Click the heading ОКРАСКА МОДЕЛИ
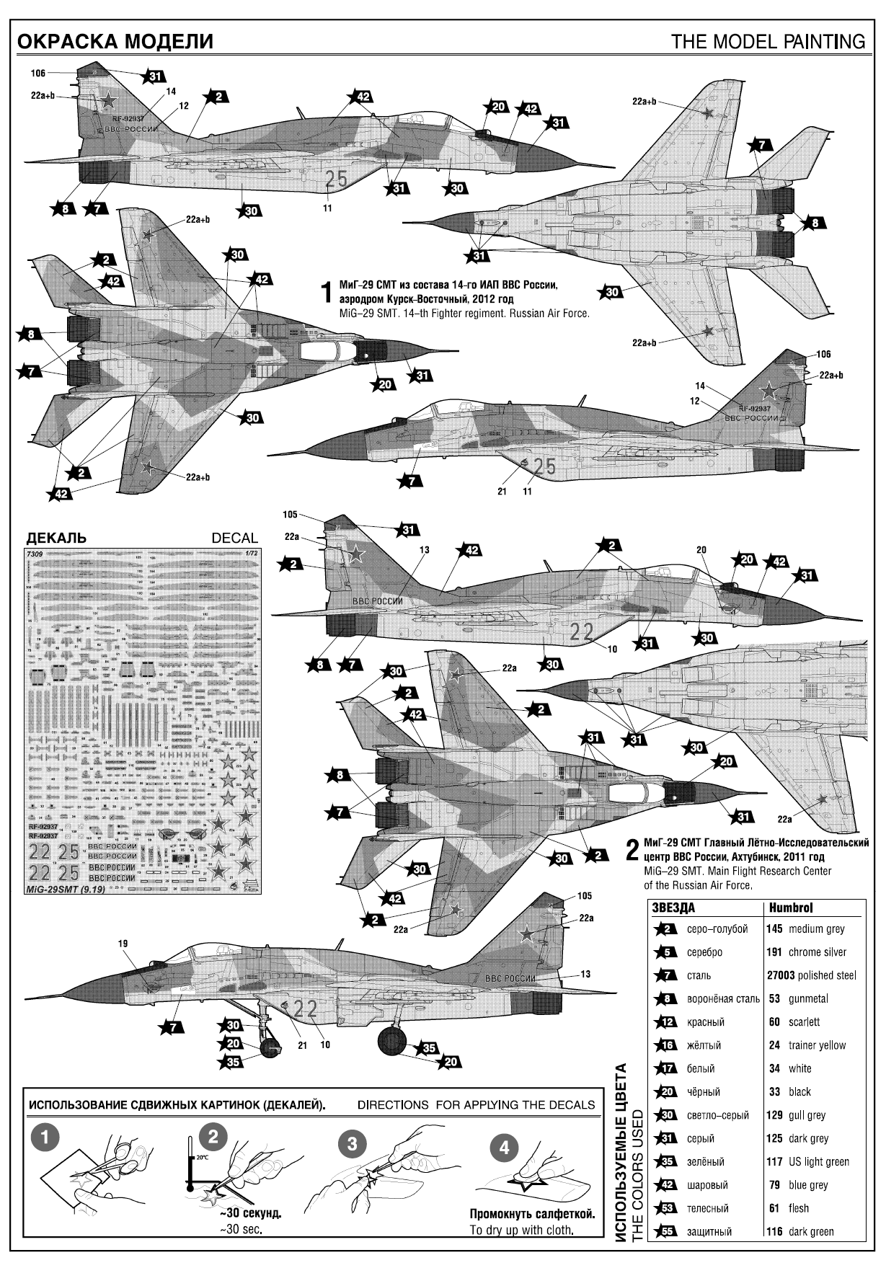point(115,42)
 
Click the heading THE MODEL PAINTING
point(768,42)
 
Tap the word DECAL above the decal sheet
point(234,538)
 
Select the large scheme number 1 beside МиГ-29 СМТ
point(327,293)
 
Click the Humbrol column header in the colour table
point(791,908)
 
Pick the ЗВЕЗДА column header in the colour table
point(673,908)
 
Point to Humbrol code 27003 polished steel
point(811,975)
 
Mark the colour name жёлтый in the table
point(704,1045)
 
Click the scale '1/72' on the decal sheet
point(249,554)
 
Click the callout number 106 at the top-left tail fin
point(38,73)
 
